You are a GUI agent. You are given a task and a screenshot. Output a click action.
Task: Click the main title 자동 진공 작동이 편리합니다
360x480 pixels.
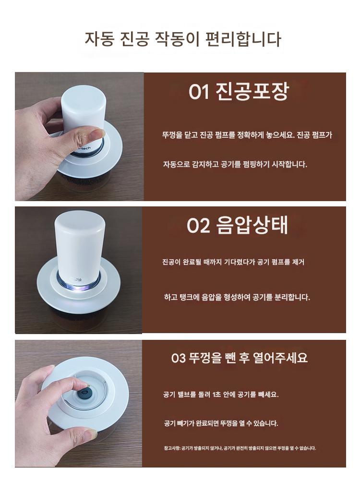[x=183, y=39]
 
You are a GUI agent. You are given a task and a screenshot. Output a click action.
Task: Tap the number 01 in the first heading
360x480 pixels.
[x=199, y=92]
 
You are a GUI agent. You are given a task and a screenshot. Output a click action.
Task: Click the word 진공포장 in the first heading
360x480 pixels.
[x=252, y=91]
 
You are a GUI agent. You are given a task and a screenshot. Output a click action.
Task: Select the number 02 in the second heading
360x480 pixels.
[x=198, y=226]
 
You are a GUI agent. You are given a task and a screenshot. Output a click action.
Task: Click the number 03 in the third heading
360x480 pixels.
[x=178, y=358]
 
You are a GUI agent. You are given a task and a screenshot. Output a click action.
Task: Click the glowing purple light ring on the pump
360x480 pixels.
[x=79, y=285]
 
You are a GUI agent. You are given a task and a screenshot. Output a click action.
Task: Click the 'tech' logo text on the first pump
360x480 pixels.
[x=85, y=148]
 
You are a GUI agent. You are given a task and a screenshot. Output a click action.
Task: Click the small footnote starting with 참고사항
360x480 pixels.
[x=240, y=448]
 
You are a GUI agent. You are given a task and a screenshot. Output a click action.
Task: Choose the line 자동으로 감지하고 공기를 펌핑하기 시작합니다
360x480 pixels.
[x=235, y=164]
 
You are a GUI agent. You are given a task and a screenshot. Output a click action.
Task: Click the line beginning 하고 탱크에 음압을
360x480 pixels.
[x=237, y=297]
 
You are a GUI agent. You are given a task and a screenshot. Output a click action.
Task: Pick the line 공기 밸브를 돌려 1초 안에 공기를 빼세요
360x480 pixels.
[x=221, y=394]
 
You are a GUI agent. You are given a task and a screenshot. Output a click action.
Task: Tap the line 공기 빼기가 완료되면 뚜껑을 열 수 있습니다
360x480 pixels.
[x=221, y=423]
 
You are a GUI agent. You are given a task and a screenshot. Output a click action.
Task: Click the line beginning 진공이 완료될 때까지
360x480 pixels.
[x=233, y=262]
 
